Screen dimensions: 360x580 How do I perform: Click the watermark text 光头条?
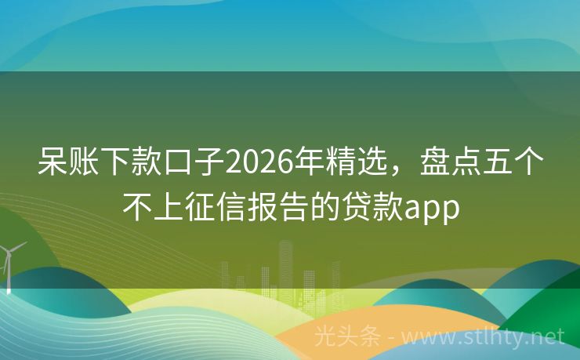[347, 336]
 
